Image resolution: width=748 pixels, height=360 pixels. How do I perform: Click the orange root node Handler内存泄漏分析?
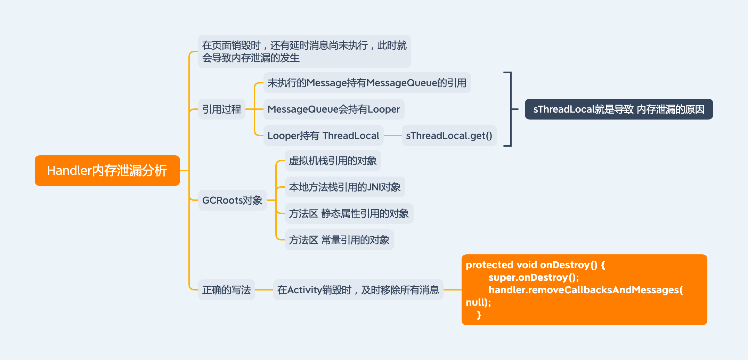tap(107, 171)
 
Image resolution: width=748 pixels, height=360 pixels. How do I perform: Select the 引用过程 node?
tap(222, 109)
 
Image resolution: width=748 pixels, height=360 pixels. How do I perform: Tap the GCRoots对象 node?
tap(232, 200)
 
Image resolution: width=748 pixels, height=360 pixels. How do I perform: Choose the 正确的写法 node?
tap(226, 290)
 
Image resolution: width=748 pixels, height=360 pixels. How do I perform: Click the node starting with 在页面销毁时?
tap(304, 51)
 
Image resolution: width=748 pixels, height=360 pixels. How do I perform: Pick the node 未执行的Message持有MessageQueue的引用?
tap(367, 83)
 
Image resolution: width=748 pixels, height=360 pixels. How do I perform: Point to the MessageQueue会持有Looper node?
tap(334, 109)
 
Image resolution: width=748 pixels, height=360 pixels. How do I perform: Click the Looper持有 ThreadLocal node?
tap(323, 136)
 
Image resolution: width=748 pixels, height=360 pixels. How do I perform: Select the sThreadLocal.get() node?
tap(449, 136)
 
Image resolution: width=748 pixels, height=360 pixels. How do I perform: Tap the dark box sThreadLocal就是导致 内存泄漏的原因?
tap(619, 109)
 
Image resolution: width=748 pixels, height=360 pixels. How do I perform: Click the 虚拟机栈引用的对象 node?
tap(333, 161)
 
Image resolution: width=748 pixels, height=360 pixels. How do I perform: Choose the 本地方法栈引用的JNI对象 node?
tap(345, 187)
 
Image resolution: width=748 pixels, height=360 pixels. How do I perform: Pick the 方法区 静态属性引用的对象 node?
tap(349, 213)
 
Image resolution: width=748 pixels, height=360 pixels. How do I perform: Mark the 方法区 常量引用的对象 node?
tap(339, 240)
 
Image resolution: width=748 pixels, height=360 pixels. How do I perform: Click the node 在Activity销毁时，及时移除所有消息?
tap(358, 290)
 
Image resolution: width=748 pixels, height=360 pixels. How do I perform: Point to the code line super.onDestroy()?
tap(534, 277)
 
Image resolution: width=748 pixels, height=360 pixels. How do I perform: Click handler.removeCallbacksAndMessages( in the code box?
tap(585, 290)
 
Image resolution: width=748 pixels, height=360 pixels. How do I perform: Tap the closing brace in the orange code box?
tap(479, 315)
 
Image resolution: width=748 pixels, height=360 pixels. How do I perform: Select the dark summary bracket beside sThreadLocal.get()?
tap(510, 109)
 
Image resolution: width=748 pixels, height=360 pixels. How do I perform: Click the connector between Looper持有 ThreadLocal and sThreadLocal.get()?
tap(393, 136)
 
